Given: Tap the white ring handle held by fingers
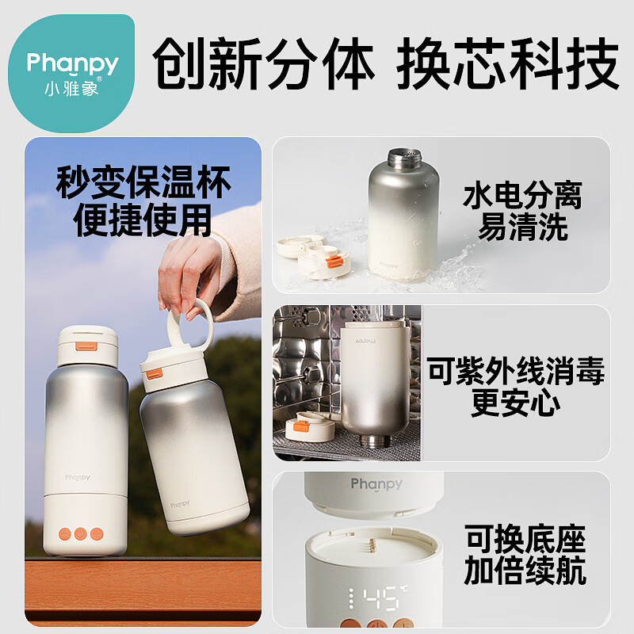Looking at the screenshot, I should coord(189,325).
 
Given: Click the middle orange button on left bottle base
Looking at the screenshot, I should coord(81,533).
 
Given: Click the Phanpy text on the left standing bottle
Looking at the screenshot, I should coord(78,477).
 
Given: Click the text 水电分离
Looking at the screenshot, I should coord(522,196).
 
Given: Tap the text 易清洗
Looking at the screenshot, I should coord(522,229).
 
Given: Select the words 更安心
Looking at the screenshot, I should coord(515,403).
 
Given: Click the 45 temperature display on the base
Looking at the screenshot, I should coord(376,598).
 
